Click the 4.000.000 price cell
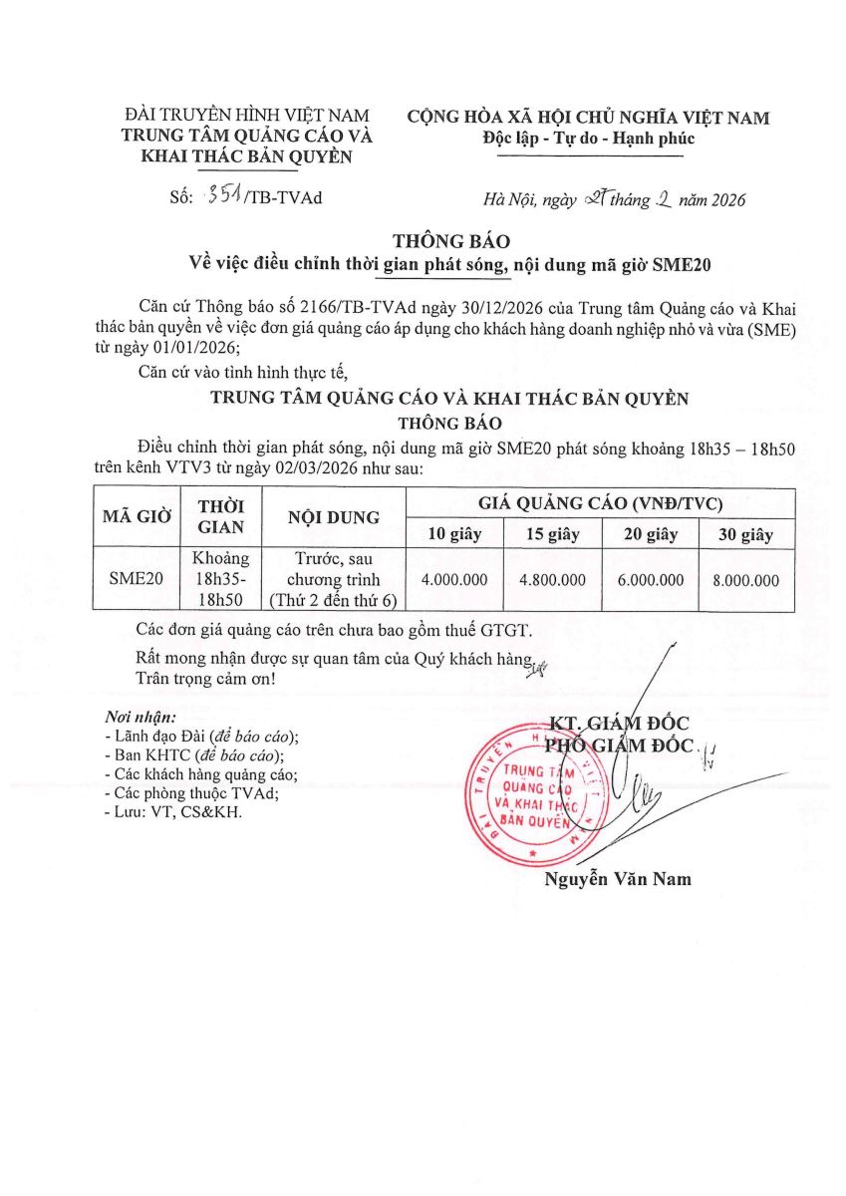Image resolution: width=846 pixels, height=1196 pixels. coord(454,579)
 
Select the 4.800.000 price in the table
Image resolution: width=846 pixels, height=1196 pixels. coord(551,579)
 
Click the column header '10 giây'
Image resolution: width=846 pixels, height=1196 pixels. coord(454,534)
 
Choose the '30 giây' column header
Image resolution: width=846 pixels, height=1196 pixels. coord(746,534)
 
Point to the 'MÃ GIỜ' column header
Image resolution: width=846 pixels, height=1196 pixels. coord(138,517)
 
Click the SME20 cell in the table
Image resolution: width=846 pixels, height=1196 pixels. coord(137,579)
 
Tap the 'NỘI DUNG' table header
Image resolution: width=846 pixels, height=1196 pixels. coord(333,517)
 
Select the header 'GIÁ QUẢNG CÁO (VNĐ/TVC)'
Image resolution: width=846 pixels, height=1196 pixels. coord(601,503)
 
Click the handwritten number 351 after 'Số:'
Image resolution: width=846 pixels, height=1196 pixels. coord(214,196)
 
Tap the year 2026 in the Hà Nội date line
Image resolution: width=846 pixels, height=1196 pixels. coord(725,199)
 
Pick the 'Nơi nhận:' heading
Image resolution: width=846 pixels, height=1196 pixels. coord(141,718)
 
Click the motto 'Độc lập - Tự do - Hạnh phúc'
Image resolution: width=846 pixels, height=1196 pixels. coord(588,139)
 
